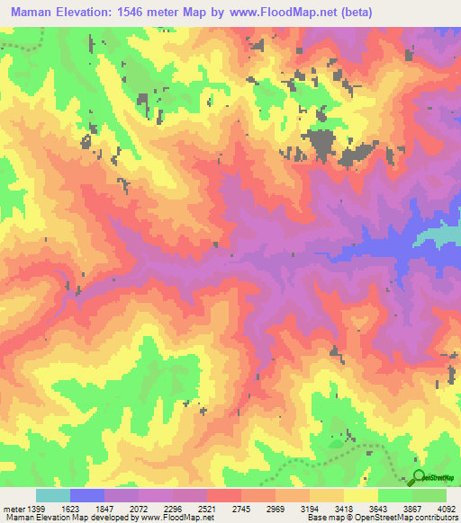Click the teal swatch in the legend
[x=53, y=495]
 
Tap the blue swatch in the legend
[x=87, y=495]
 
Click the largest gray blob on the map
[x=321, y=144]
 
